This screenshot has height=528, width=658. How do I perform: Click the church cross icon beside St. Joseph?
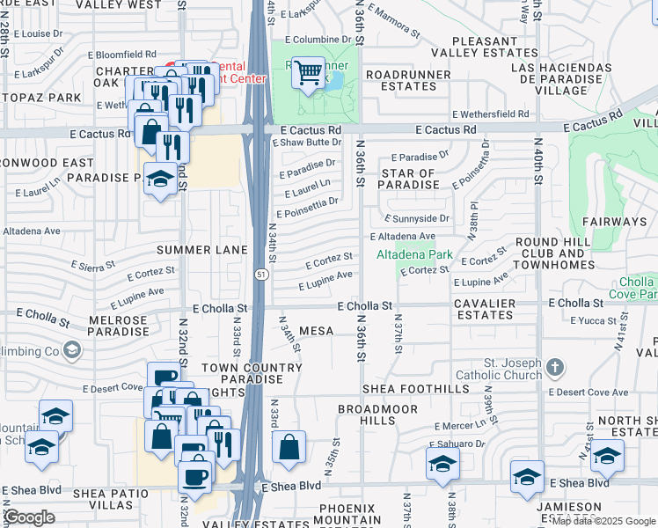point(553,365)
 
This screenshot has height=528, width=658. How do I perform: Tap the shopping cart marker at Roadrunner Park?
point(308,74)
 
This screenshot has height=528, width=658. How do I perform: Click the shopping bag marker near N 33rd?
point(289,450)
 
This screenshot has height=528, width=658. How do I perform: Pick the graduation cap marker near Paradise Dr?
point(159,180)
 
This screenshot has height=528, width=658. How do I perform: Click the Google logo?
point(29,517)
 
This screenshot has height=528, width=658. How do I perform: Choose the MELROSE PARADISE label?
point(118,325)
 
